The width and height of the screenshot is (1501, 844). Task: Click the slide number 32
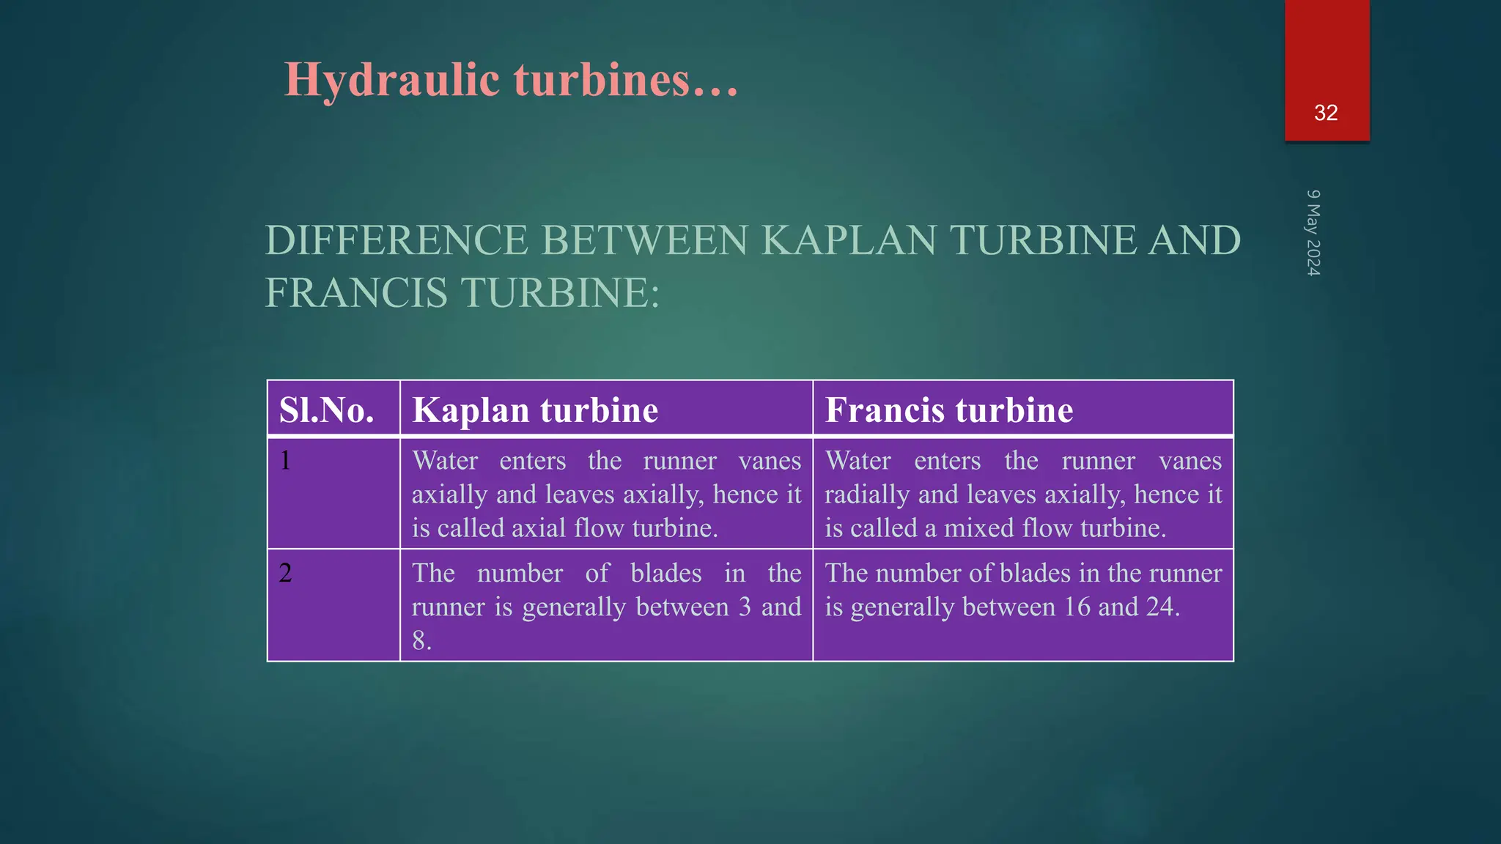click(x=1326, y=113)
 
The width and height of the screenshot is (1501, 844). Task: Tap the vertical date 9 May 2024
click(x=1313, y=233)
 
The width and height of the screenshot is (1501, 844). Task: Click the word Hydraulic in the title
click(x=391, y=79)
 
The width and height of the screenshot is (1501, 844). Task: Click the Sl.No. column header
click(x=327, y=410)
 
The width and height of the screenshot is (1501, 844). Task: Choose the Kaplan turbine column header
click(x=535, y=410)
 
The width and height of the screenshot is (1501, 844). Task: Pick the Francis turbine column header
click(x=949, y=410)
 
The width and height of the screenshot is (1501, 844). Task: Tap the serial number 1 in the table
click(x=285, y=461)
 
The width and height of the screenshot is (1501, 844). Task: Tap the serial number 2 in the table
click(x=285, y=573)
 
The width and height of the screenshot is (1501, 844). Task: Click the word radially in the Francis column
click(x=867, y=495)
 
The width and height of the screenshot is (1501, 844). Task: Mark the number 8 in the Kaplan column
click(x=420, y=641)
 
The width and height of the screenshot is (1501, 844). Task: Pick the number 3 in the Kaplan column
click(x=745, y=607)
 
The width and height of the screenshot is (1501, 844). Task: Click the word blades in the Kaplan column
click(x=665, y=573)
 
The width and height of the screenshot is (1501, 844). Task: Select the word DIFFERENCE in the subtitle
click(x=397, y=240)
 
